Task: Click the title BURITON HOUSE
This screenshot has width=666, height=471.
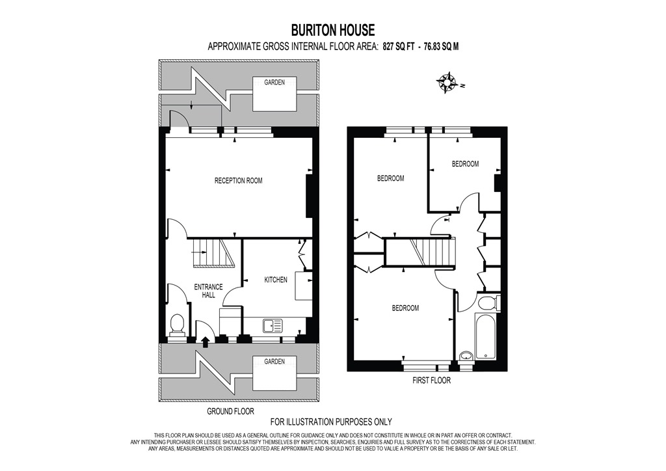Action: [332, 30]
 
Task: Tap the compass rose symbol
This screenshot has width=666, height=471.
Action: [447, 83]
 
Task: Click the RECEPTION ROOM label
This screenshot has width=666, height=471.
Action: [238, 180]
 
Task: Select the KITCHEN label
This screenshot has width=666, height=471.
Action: [275, 280]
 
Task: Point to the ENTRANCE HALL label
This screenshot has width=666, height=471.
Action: [208, 291]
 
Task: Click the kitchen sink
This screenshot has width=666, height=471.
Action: [272, 324]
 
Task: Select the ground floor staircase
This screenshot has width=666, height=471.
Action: [213, 252]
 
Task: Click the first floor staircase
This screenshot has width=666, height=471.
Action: [431, 251]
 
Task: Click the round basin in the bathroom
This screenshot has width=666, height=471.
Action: [466, 355]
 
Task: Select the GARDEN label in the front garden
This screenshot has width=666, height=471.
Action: [274, 362]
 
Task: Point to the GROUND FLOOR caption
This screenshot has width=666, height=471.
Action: [230, 412]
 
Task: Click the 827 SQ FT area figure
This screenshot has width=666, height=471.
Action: [397, 46]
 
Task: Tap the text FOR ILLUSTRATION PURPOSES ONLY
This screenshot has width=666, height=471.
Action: [331, 422]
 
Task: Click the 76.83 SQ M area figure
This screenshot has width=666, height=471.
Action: [442, 46]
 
